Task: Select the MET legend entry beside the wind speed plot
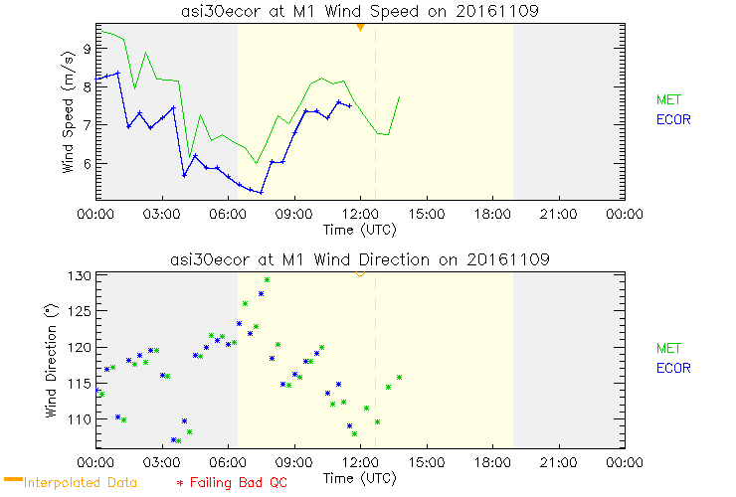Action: pos(669,99)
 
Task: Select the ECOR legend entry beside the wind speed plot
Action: pos(673,119)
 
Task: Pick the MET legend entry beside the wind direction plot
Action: pos(669,348)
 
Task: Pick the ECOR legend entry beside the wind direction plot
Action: pos(673,368)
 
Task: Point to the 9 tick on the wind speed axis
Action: pos(88,48)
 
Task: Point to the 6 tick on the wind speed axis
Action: pos(88,164)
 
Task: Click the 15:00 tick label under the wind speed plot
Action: pos(426,214)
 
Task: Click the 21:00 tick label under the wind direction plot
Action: pos(558,462)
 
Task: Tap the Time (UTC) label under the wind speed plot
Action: pos(360,229)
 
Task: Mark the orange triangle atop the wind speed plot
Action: pos(360,27)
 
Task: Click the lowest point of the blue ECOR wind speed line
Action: pos(261,192)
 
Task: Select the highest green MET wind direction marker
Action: pos(267,280)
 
